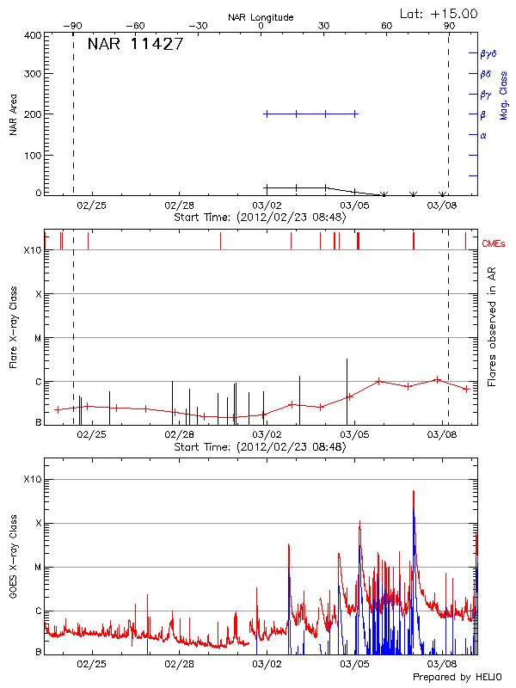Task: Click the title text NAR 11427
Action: point(135,45)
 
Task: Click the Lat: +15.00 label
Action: point(439,13)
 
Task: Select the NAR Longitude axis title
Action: point(261,17)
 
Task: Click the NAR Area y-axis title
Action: point(14,114)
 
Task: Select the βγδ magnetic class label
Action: point(488,53)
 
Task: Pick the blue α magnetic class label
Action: point(483,135)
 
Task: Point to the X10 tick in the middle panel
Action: point(31,250)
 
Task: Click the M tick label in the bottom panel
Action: point(38,567)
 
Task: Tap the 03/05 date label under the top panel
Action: point(354,206)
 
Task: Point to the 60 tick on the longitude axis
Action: point(387,26)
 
